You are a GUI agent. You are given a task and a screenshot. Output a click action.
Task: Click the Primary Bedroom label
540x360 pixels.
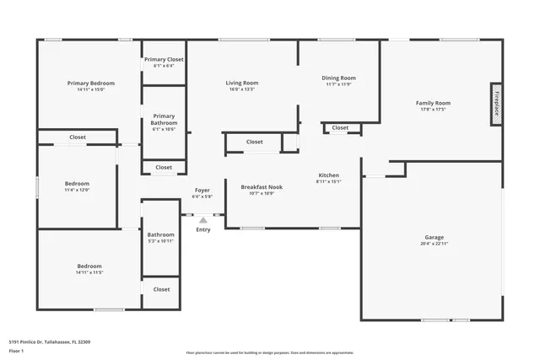click(x=91, y=83)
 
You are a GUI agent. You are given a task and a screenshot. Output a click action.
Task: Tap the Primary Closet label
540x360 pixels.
click(x=164, y=60)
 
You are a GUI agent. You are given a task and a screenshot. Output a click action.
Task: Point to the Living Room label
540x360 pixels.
click(x=241, y=83)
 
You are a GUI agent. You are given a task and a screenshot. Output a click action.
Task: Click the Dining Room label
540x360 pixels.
click(x=338, y=78)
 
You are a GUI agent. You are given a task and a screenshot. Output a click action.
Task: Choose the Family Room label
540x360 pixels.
click(x=433, y=103)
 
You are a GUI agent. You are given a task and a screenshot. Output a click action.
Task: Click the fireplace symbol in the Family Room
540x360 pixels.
click(x=496, y=105)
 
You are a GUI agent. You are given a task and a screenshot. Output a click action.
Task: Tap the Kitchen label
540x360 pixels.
click(x=328, y=175)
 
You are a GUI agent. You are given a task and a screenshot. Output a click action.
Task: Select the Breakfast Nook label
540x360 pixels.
click(x=262, y=186)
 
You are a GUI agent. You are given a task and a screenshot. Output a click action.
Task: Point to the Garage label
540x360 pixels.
click(x=435, y=237)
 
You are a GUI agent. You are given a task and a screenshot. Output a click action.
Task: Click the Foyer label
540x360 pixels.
click(x=202, y=191)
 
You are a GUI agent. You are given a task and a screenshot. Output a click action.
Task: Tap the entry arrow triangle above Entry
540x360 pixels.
click(x=202, y=220)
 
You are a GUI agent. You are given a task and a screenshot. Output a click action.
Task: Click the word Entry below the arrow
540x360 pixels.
click(x=203, y=229)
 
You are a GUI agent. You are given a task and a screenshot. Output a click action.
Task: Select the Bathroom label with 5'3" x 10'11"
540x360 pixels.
click(x=160, y=234)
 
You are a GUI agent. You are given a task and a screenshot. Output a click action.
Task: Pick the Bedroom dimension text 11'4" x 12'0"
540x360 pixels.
click(x=77, y=190)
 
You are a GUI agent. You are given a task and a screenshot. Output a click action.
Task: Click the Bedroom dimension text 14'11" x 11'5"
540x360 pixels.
click(x=89, y=272)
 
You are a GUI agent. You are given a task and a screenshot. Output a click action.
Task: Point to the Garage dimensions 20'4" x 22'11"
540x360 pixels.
click(x=435, y=244)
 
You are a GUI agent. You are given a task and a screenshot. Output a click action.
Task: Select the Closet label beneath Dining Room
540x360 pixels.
click(x=340, y=128)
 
